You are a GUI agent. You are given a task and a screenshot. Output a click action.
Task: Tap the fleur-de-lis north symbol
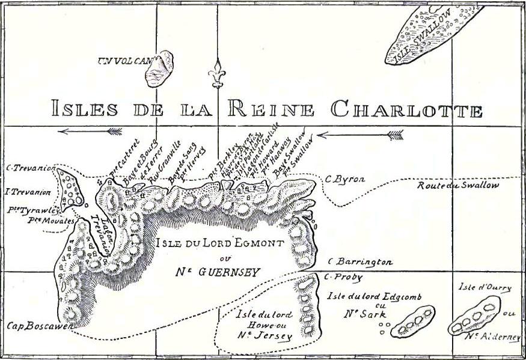tap(216, 75)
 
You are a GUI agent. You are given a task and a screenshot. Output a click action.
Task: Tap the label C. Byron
tap(344, 178)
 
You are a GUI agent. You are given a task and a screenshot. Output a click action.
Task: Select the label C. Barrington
tap(360, 262)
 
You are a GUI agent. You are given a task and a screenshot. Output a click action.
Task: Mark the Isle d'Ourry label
tap(485, 287)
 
